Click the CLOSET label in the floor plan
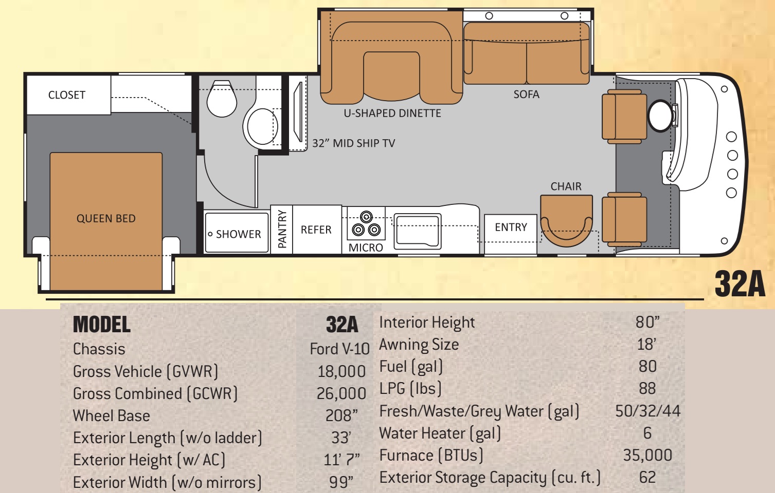coord(67,95)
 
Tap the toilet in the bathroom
coord(222,99)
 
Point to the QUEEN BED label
coord(106,218)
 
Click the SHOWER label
coord(239,234)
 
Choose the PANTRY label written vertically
coord(282,229)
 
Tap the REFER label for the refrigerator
coord(316,230)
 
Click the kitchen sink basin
coord(417,231)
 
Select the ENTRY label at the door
coord(511,227)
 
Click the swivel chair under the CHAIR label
coord(566,221)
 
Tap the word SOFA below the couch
coord(526,94)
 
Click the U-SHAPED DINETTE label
coord(392,113)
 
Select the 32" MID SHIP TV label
coord(354,143)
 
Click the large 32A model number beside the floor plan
coord(740,283)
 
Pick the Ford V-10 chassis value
coord(340,349)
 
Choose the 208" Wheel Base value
coord(341,415)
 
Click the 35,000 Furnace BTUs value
coord(647,456)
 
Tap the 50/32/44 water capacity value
coord(647,411)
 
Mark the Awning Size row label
coord(419,345)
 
